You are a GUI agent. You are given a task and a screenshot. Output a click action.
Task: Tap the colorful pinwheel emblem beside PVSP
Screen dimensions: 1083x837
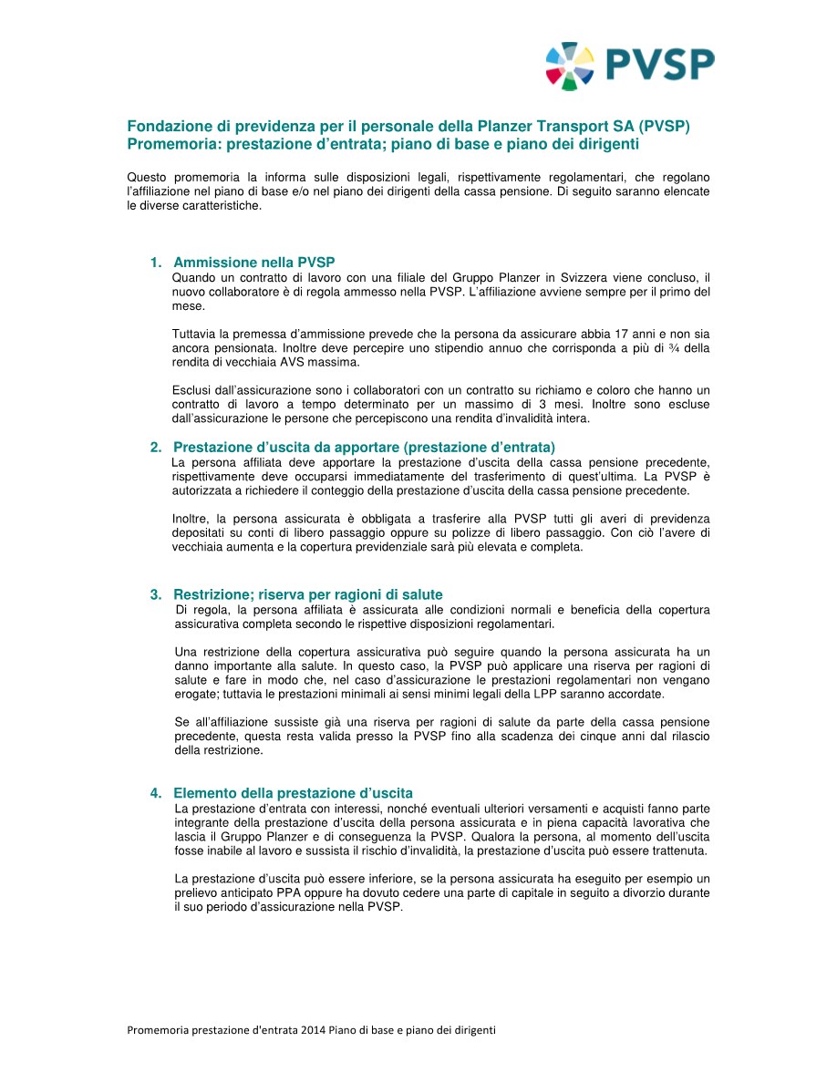click(570, 66)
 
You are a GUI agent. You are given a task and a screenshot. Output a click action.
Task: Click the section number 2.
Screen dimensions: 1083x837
click(155, 447)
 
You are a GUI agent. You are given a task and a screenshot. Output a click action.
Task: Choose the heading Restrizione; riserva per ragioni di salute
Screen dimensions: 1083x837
click(307, 595)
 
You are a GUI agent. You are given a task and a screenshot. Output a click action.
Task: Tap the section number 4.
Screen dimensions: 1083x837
click(155, 793)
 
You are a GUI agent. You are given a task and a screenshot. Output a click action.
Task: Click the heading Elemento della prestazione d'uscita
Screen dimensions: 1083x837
click(293, 793)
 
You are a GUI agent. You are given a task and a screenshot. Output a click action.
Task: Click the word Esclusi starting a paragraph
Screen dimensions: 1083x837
click(192, 390)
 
